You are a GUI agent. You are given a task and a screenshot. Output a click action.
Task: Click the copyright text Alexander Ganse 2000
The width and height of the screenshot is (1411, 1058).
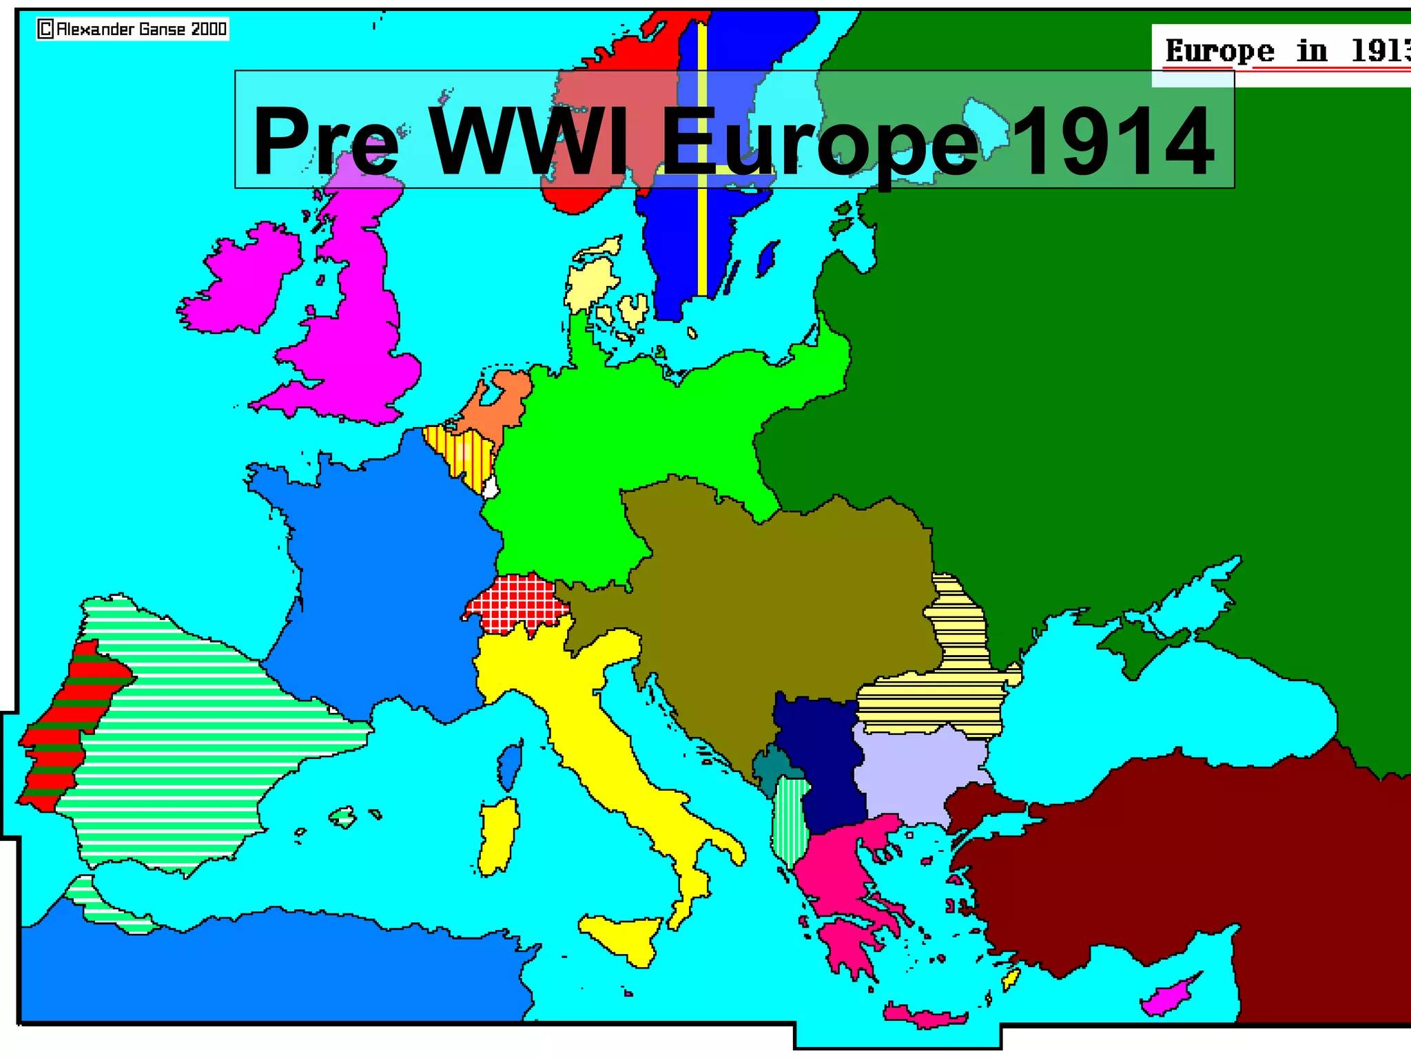click(x=132, y=29)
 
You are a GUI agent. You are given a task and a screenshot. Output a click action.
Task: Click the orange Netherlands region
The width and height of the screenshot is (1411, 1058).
click(x=499, y=403)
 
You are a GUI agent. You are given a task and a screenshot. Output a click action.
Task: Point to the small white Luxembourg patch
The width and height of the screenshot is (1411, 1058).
click(x=491, y=488)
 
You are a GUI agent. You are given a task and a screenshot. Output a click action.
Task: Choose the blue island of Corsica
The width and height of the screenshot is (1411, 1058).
click(x=510, y=765)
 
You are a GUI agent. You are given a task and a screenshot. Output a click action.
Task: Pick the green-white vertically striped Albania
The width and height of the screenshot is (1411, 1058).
click(x=789, y=820)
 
